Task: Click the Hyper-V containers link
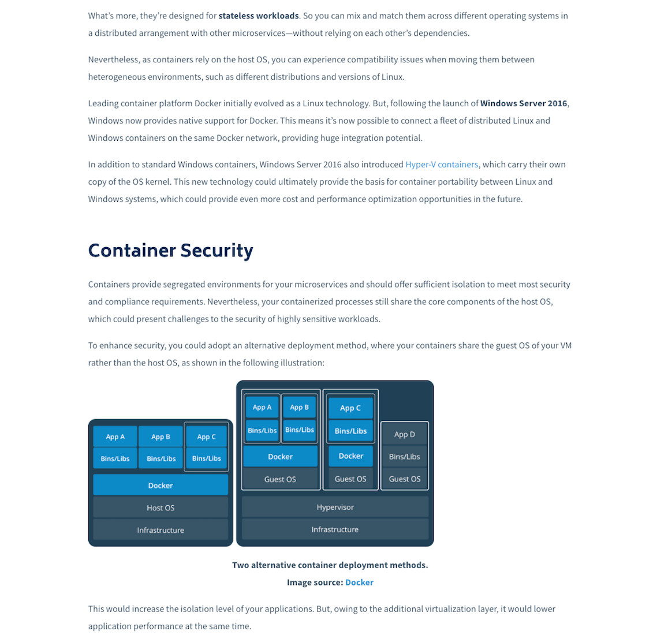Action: pyautogui.click(x=442, y=165)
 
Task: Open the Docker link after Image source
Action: pyautogui.click(x=359, y=583)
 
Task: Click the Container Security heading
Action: pyautogui.click(x=170, y=251)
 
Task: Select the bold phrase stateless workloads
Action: pyautogui.click(x=259, y=16)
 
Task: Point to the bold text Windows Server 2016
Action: pyautogui.click(x=524, y=103)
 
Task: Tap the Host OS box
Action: pyautogui.click(x=161, y=508)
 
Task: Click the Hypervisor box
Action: pyautogui.click(x=335, y=507)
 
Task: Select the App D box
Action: pyautogui.click(x=404, y=434)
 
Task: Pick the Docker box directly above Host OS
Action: pyautogui.click(x=161, y=485)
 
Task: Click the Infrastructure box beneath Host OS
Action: pyautogui.click(x=161, y=530)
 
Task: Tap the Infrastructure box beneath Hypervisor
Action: pyautogui.click(x=335, y=529)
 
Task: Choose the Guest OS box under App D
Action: pyautogui.click(x=404, y=479)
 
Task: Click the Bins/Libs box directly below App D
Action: pyautogui.click(x=404, y=456)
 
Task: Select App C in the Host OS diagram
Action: pyautogui.click(x=206, y=436)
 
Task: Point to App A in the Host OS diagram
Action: pyautogui.click(x=115, y=436)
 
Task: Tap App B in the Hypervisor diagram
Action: pyautogui.click(x=300, y=407)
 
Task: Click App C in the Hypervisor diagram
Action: pyautogui.click(x=350, y=408)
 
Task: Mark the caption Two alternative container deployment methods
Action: pyautogui.click(x=330, y=565)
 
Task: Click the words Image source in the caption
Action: pyautogui.click(x=315, y=583)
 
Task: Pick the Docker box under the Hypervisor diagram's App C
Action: pyautogui.click(x=350, y=456)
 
